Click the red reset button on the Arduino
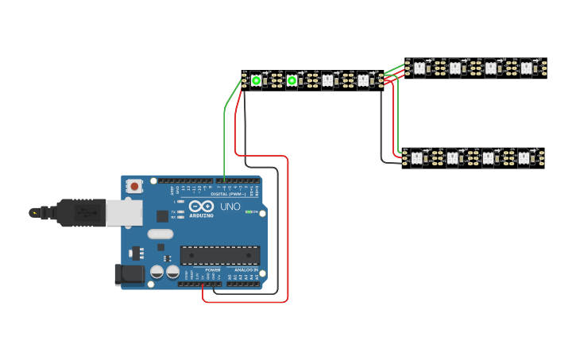tap(135, 187)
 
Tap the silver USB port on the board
tap(124, 212)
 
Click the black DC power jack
tap(130, 275)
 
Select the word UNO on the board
tap(230, 207)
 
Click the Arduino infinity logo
tap(201, 207)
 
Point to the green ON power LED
tap(249, 212)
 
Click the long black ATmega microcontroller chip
tap(219, 255)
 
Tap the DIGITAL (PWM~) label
tap(230, 194)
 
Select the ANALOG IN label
tap(245, 270)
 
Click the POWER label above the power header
tap(213, 270)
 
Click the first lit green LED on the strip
tap(256, 80)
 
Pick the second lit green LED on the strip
tap(292, 80)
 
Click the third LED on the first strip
tap(327, 80)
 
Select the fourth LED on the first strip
tap(363, 80)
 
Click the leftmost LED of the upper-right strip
tap(419, 68)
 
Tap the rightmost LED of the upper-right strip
tap(526, 68)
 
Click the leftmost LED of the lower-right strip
tap(416, 158)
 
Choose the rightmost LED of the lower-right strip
tap(524, 158)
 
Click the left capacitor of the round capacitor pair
tap(157, 272)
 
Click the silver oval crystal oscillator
tap(160, 234)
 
